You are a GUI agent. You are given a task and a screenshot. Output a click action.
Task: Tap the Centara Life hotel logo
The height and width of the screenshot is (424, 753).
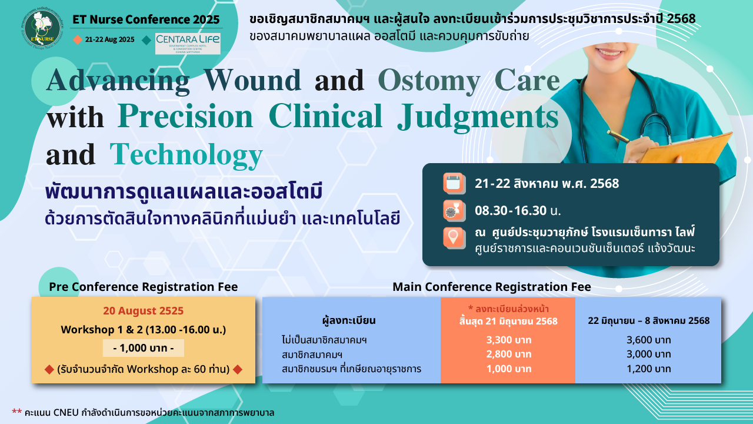pos(188,44)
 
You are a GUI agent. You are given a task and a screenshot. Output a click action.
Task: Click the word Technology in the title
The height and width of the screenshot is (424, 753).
pos(186,155)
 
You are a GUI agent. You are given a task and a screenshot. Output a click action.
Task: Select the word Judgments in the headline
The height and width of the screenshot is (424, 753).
pos(478,117)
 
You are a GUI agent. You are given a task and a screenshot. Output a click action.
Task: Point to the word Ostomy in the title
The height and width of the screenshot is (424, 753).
pos(429,81)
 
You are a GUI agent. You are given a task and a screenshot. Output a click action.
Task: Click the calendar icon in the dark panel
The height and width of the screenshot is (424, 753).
pos(454,183)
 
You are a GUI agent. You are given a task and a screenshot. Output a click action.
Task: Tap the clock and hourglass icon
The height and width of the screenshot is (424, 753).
pos(454,211)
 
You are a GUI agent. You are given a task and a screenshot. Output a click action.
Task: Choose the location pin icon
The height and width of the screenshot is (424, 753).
pos(454,238)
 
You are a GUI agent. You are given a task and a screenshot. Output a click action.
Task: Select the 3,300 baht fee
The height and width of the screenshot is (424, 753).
pos(509,340)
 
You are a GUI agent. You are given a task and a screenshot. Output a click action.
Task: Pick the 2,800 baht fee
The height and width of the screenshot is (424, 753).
pos(509,354)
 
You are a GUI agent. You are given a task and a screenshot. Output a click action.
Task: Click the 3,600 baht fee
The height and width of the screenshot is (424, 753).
pos(648,340)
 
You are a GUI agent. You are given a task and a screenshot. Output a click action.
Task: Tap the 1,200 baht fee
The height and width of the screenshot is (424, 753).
pos(648,369)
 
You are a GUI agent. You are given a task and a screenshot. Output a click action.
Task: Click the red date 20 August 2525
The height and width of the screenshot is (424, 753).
pos(143,310)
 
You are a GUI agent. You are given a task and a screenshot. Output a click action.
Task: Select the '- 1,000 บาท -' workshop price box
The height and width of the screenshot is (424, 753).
pos(144,348)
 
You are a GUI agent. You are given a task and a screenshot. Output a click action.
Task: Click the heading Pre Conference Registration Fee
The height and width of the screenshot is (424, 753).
pos(143,287)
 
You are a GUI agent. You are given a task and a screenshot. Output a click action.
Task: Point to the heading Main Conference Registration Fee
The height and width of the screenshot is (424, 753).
pos(491,287)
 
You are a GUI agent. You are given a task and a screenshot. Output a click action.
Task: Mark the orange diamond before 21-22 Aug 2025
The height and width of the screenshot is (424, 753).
pos(78,39)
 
